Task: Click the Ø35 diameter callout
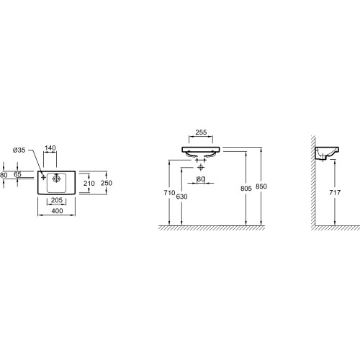tap(19, 150)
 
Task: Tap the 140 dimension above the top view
tap(50, 148)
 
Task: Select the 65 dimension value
tap(17, 174)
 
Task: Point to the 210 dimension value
tap(89, 184)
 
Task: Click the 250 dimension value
tap(107, 183)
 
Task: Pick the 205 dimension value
tap(57, 200)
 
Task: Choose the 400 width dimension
tap(57, 211)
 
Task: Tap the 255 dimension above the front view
tap(201, 132)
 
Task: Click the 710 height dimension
tap(169, 192)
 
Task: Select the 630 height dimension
tap(181, 197)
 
